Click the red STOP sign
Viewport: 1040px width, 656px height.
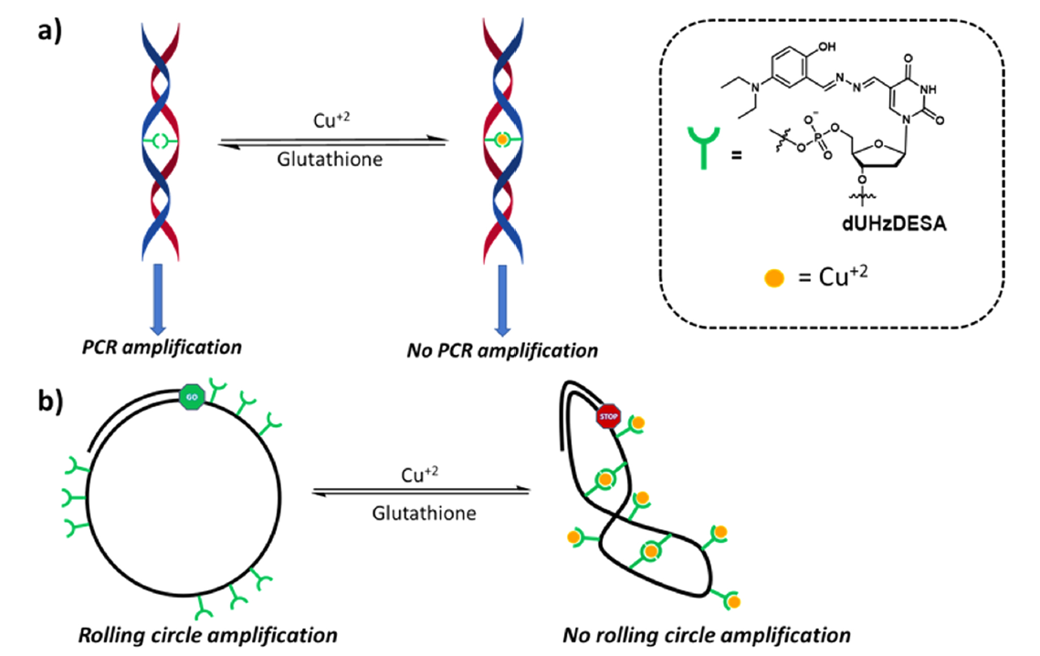[608, 417]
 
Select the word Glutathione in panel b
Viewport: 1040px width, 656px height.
[424, 513]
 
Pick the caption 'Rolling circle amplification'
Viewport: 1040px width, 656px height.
[208, 634]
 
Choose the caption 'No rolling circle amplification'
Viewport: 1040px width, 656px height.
[707, 634]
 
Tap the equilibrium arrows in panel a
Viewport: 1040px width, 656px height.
[334, 142]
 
